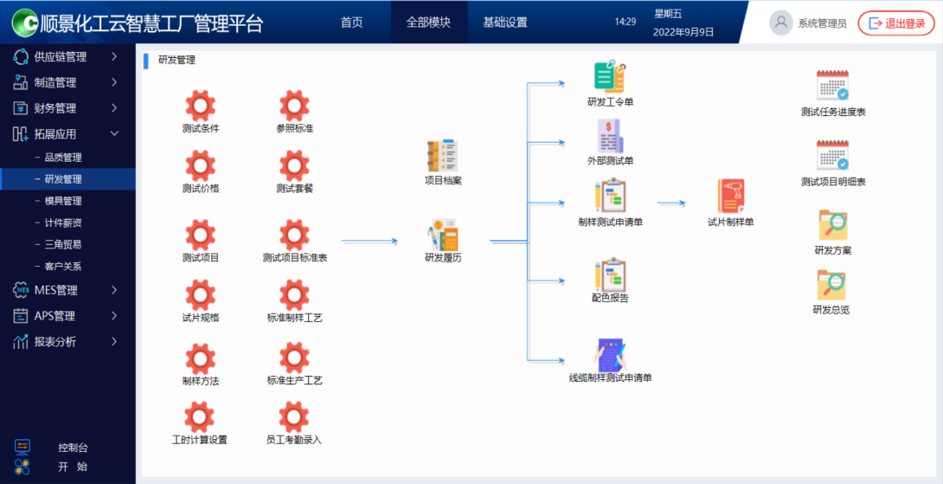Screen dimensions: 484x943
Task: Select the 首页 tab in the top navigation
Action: click(352, 23)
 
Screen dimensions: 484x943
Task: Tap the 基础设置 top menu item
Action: click(505, 23)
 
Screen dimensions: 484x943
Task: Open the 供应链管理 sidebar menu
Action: click(61, 57)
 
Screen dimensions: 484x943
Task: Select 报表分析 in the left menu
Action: click(55, 342)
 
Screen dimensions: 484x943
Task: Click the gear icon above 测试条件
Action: click(201, 106)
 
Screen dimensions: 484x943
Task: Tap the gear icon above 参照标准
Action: click(295, 106)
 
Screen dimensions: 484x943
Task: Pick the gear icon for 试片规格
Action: click(201, 295)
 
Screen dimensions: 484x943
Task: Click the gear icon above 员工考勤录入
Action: click(295, 417)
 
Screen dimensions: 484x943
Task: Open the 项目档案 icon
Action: click(443, 156)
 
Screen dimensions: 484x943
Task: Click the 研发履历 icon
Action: click(443, 236)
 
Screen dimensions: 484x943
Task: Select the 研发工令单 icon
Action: click(610, 77)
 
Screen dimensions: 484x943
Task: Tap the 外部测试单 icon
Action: click(610, 137)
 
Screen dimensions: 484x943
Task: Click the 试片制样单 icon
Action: click(731, 197)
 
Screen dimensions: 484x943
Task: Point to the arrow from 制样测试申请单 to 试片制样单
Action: click(671, 204)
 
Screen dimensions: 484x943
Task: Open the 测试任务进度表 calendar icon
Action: click(833, 86)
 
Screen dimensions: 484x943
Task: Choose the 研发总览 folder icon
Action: click(831, 285)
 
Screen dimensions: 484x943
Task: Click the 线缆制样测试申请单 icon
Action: click(610, 354)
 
